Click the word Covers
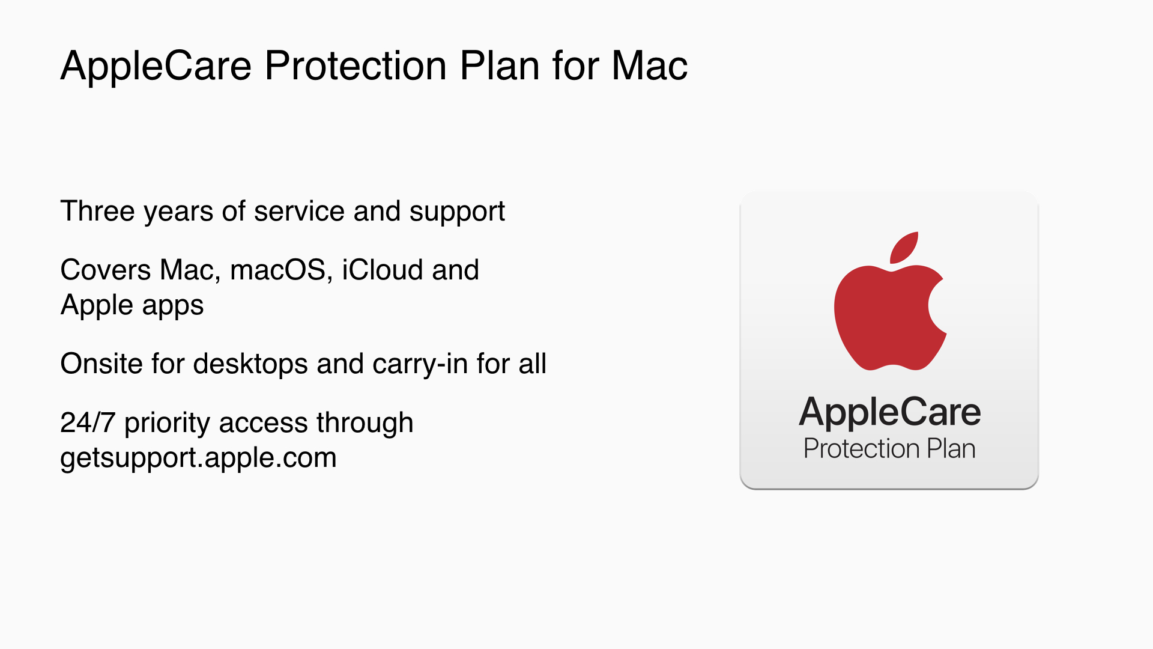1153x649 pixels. pos(106,270)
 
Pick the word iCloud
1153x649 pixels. pos(381,270)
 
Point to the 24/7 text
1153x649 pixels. pos(88,422)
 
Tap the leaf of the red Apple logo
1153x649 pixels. pos(904,247)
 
